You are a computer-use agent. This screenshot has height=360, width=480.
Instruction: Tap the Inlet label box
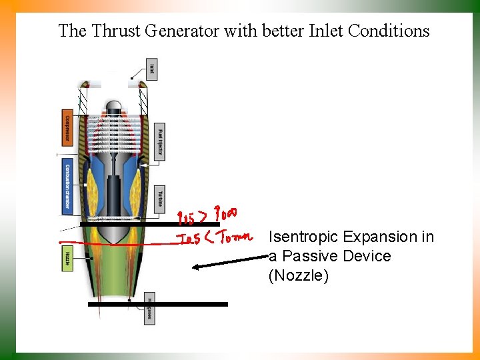tap(151, 69)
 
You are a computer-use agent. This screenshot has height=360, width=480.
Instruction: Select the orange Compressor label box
tap(67, 127)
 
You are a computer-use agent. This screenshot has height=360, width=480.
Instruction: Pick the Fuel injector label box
tap(159, 141)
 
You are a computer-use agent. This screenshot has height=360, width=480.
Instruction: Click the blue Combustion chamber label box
tap(67, 184)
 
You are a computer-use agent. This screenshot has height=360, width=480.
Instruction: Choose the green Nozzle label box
tap(67, 257)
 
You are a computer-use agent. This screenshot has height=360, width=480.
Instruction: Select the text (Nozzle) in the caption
tap(298, 275)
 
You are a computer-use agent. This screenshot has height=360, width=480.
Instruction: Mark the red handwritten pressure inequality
tap(207, 216)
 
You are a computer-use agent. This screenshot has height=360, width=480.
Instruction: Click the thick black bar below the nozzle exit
tap(157, 304)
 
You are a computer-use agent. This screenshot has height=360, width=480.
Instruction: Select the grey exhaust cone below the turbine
tap(113, 233)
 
